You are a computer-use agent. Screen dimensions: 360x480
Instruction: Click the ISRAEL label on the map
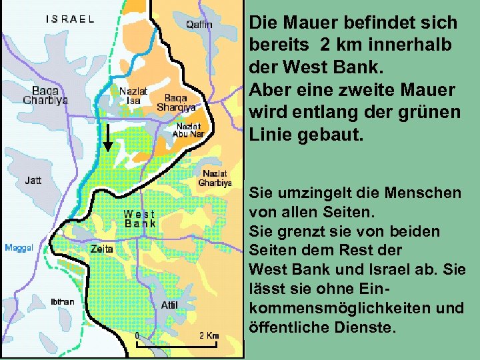tap(70, 19)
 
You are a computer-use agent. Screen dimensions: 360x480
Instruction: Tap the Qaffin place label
tap(199, 25)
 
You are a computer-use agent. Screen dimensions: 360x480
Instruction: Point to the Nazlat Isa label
tap(133, 95)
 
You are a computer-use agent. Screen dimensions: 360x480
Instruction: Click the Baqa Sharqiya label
tap(176, 101)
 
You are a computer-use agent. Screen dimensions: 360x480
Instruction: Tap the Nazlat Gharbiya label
tap(215, 178)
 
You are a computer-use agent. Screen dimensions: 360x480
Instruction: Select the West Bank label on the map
tap(140, 219)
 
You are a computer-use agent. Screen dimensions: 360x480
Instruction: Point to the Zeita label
tap(102, 248)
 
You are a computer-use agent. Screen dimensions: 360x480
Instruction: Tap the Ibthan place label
tap(63, 301)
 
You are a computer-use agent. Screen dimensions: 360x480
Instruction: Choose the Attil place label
tap(169, 305)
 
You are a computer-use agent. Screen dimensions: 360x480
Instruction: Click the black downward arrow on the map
tap(107, 139)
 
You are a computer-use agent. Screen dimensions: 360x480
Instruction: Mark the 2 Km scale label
tap(209, 335)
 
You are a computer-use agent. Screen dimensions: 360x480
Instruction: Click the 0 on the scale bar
tap(137, 335)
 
